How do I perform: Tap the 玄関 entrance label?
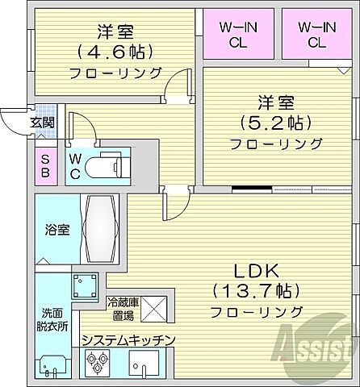[x=42, y=123]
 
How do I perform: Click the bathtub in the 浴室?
[x=98, y=227]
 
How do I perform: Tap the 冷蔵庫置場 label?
[x=123, y=310]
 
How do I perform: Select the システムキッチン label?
[x=128, y=340]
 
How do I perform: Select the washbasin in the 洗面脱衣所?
[x=52, y=366]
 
